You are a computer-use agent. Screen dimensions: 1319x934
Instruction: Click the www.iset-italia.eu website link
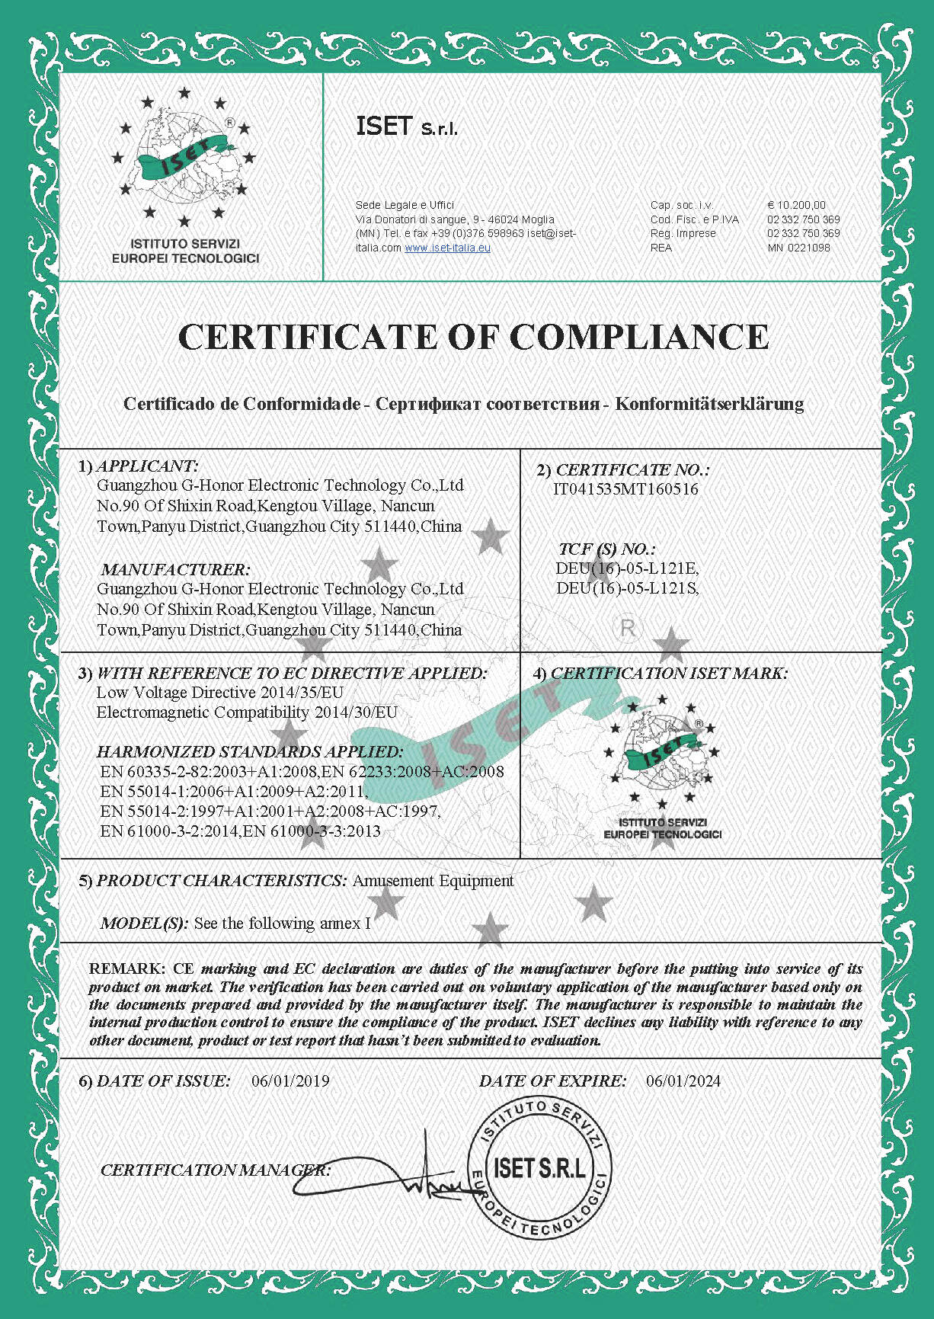tap(447, 248)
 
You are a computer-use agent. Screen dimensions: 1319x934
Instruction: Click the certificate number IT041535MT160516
tap(625, 489)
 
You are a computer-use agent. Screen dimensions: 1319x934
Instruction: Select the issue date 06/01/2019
tap(290, 1080)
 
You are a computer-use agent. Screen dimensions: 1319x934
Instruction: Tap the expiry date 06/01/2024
tap(683, 1080)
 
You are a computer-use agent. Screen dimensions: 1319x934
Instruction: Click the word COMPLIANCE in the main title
tap(639, 337)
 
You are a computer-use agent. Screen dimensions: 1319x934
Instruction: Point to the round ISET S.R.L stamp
tap(540, 1168)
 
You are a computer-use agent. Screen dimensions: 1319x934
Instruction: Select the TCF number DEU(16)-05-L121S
tap(626, 588)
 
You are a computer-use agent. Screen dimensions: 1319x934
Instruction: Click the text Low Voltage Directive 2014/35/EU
tap(219, 693)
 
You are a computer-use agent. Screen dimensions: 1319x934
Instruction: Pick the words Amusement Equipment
tap(433, 881)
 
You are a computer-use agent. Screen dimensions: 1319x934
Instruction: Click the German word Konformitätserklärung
tap(709, 404)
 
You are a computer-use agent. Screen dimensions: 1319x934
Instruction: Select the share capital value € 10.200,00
tap(796, 205)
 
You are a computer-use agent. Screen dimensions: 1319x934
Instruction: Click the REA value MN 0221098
tap(798, 248)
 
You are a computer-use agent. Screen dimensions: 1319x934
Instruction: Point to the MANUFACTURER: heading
tap(175, 569)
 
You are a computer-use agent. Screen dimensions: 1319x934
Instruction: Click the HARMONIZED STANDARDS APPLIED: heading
tap(250, 752)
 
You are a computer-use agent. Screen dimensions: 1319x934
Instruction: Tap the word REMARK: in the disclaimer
tap(126, 968)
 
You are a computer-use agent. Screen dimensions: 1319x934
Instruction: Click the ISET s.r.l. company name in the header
tap(407, 126)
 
